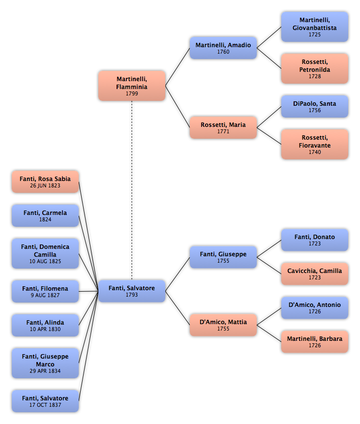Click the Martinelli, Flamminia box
click(132, 86)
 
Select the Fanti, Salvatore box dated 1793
click(132, 291)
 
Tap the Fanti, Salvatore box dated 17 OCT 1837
click(45, 401)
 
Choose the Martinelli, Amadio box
click(223, 48)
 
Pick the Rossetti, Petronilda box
click(315, 68)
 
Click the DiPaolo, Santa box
click(315, 106)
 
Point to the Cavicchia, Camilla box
click(315, 273)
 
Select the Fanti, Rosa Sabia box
click(45, 182)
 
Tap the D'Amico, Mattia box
click(223, 325)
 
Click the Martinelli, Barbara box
click(315, 341)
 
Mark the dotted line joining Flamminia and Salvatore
click(132, 190)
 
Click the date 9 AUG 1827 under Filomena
click(45, 295)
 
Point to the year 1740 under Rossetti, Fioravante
click(315, 152)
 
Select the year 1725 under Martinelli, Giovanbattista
click(315, 34)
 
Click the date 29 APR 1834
click(45, 371)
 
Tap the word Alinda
click(55, 323)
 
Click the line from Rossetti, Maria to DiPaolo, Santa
click(269, 117)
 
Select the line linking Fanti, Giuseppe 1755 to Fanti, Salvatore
click(178, 274)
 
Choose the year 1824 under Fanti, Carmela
click(45, 219)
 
